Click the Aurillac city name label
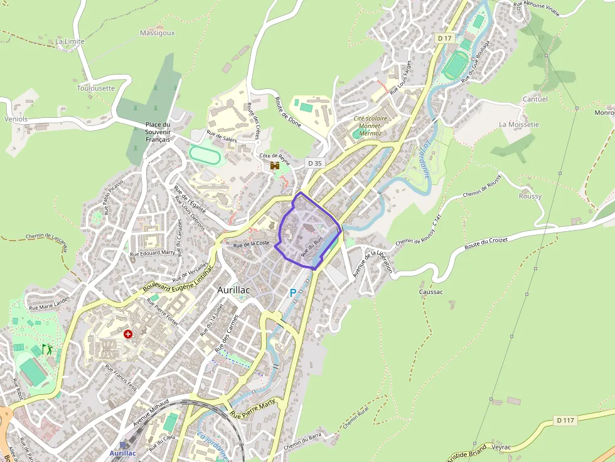pos(233,290)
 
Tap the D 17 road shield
pos(444,38)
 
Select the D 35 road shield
pos(314,163)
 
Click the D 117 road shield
pos(565,421)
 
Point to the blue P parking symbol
pos(292,293)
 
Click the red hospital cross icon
pos(129,334)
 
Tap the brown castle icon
pos(274,165)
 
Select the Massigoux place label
pos(158,33)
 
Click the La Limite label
pos(70,41)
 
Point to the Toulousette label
pos(96,88)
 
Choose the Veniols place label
pos(16,118)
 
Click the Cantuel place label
pos(535,99)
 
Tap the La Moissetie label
pos(519,124)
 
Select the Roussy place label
pos(530,196)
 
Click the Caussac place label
pos(431,292)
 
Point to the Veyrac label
pos(503,447)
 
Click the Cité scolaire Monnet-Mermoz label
pos(371,126)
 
